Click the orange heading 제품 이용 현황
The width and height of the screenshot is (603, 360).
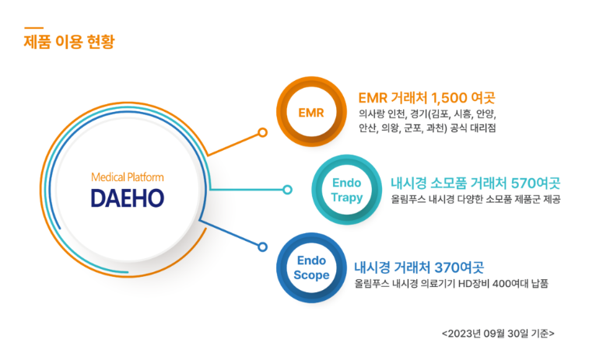pyautogui.click(x=69, y=42)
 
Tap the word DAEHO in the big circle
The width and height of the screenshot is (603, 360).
pyautogui.click(x=128, y=198)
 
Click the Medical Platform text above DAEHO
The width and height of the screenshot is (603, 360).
pyautogui.click(x=128, y=177)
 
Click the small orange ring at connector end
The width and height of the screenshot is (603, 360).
pyautogui.click(x=263, y=132)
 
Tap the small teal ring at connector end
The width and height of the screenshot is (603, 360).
pyautogui.click(x=287, y=190)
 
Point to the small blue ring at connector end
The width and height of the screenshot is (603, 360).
pyautogui.click(x=263, y=246)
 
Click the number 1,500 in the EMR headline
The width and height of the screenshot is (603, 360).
pyautogui.click(x=449, y=98)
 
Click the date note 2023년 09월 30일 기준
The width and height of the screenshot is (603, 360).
pyautogui.click(x=498, y=334)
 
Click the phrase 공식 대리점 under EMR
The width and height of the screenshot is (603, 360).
pyautogui.click(x=473, y=128)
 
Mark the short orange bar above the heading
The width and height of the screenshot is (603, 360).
pyautogui.click(x=33, y=28)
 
